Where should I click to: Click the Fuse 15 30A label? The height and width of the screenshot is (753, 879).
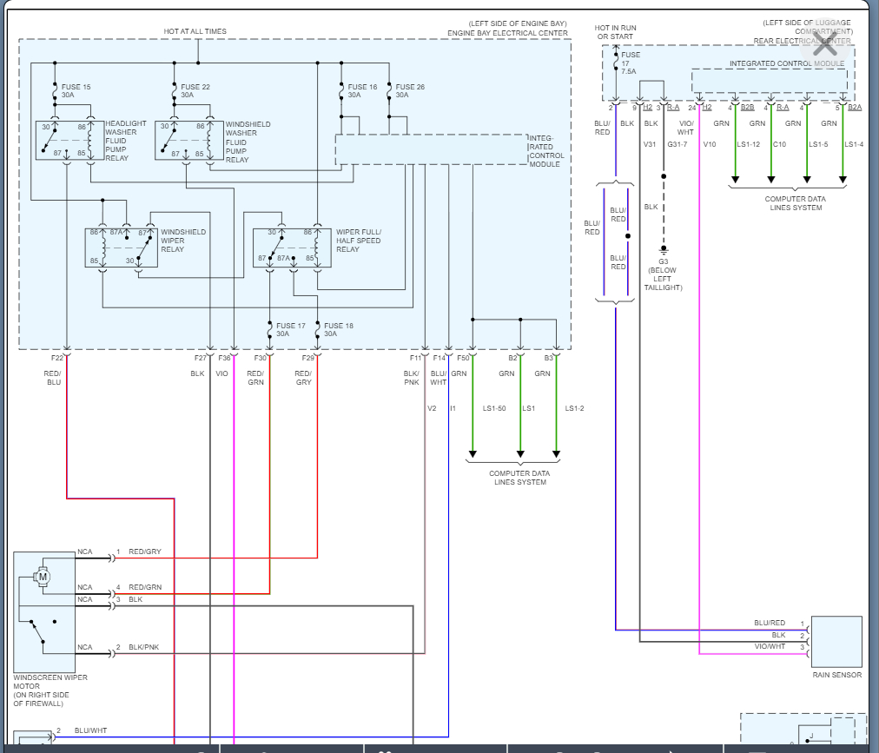pos(76,91)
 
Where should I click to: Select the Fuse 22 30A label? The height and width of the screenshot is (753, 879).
pos(195,91)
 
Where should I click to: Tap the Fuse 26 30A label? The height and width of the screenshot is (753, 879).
pos(410,91)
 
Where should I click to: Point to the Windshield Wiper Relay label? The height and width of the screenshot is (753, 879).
pos(184,241)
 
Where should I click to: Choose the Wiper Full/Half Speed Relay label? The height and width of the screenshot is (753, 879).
pos(359,241)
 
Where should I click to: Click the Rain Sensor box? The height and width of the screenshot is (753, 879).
pos(836,642)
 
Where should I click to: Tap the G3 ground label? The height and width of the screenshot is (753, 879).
pos(663,261)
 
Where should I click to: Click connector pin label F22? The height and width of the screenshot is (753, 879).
pos(57,358)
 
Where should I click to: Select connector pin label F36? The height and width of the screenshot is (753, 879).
pos(225,358)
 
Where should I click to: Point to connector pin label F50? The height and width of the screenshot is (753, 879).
pos(463,358)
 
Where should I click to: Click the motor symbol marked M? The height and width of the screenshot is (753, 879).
pos(43,576)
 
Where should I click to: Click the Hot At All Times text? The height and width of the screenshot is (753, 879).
pos(195,31)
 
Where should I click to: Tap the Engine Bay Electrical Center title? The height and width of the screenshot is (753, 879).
pos(508,33)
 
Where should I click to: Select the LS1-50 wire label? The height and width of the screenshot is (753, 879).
pos(494,408)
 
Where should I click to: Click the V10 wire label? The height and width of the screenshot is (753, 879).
pos(709,144)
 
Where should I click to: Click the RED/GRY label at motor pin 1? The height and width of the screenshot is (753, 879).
pos(145,552)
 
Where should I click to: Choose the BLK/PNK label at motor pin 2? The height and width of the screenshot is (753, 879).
pos(144,648)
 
